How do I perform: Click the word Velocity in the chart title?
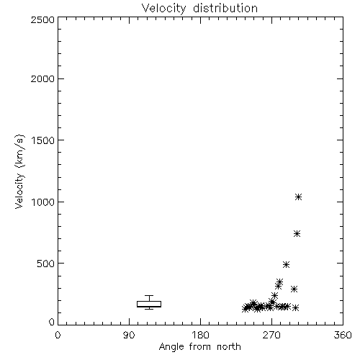pyautogui.click(x=164, y=9)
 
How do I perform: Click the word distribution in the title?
pyautogui.click(x=225, y=8)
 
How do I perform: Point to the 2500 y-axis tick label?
pyautogui.click(x=42, y=19)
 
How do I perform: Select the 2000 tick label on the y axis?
pyautogui.click(x=42, y=79)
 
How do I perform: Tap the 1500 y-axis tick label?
pyautogui.click(x=43, y=140)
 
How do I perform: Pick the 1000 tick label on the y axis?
pyautogui.click(x=43, y=202)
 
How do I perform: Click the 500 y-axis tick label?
pyautogui.click(x=46, y=264)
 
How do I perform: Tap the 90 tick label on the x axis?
pyautogui.click(x=129, y=335)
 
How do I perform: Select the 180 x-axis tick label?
pyautogui.click(x=200, y=335)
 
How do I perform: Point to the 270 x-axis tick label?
pyautogui.click(x=271, y=335)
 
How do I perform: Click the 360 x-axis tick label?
pyautogui.click(x=343, y=335)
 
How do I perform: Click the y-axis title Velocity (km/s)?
pyautogui.click(x=19, y=171)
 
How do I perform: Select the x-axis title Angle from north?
pyautogui.click(x=200, y=347)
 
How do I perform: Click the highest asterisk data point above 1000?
pyautogui.click(x=298, y=197)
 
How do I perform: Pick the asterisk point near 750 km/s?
pyautogui.click(x=297, y=234)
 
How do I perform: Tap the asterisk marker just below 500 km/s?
pyautogui.click(x=286, y=265)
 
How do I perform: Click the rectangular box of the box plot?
pyautogui.click(x=149, y=302)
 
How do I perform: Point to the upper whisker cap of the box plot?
pyautogui.click(x=149, y=296)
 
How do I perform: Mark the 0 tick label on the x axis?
pyautogui.click(x=58, y=335)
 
